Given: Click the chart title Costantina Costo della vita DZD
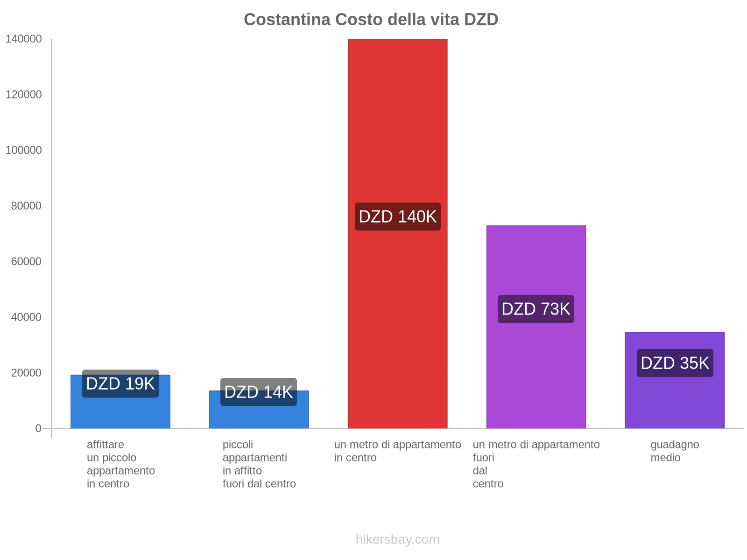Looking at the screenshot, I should (371, 20).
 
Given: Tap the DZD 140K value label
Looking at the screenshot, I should (397, 217).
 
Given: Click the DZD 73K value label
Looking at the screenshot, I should (536, 309).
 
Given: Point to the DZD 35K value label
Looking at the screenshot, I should (675, 363).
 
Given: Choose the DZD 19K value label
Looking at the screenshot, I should (120, 384).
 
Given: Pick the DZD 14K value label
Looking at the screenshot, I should (258, 392).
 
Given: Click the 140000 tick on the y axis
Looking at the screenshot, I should (24, 39).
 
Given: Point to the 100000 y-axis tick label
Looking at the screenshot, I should (24, 150).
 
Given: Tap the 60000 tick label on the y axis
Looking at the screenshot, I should (27, 261).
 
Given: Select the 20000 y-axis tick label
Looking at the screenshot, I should (27, 373).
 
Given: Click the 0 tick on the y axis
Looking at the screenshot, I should (38, 428).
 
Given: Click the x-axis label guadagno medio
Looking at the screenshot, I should (675, 451).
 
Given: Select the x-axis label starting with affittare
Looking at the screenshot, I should (120, 464).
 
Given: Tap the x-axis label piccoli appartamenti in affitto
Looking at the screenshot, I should (259, 464).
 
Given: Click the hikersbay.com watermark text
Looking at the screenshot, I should (397, 539).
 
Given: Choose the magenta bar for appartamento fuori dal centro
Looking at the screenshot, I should (536, 261).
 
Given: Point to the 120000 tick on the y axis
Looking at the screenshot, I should (24, 95).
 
